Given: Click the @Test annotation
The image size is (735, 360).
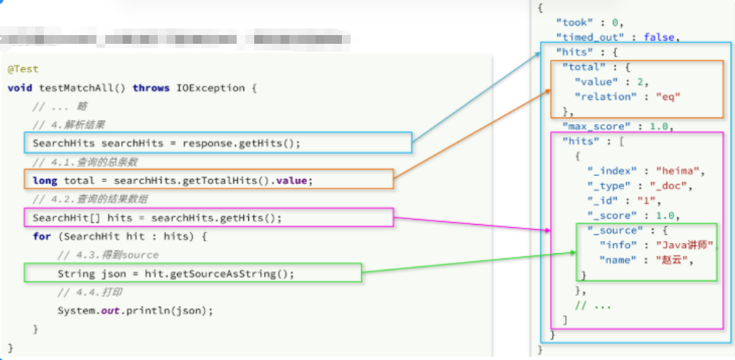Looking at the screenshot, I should pyautogui.click(x=23, y=69).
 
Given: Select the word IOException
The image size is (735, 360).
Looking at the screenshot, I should pyautogui.click(x=210, y=88).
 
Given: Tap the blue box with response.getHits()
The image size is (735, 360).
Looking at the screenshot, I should pyautogui.click(x=218, y=143).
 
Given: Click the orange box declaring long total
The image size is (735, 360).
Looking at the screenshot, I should pyautogui.click(x=208, y=180).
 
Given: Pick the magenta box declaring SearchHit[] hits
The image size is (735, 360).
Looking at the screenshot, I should pyautogui.click(x=208, y=218).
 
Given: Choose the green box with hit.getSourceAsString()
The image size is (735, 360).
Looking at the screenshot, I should pyautogui.click(x=193, y=273).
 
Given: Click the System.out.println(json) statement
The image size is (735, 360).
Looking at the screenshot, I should pyautogui.click(x=135, y=310).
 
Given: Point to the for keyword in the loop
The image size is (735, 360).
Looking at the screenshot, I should pyautogui.click(x=42, y=237).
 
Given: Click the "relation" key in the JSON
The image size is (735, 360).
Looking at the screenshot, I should pyautogui.click(x=603, y=96).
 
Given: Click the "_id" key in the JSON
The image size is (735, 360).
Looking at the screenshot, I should pyautogui.click(x=603, y=200).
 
